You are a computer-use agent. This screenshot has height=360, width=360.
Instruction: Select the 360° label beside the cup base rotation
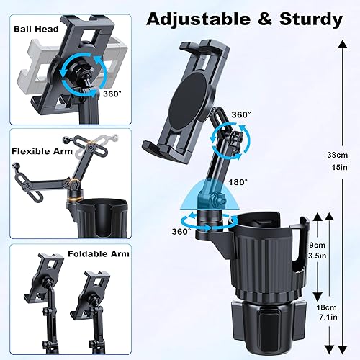tap(181, 231)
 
